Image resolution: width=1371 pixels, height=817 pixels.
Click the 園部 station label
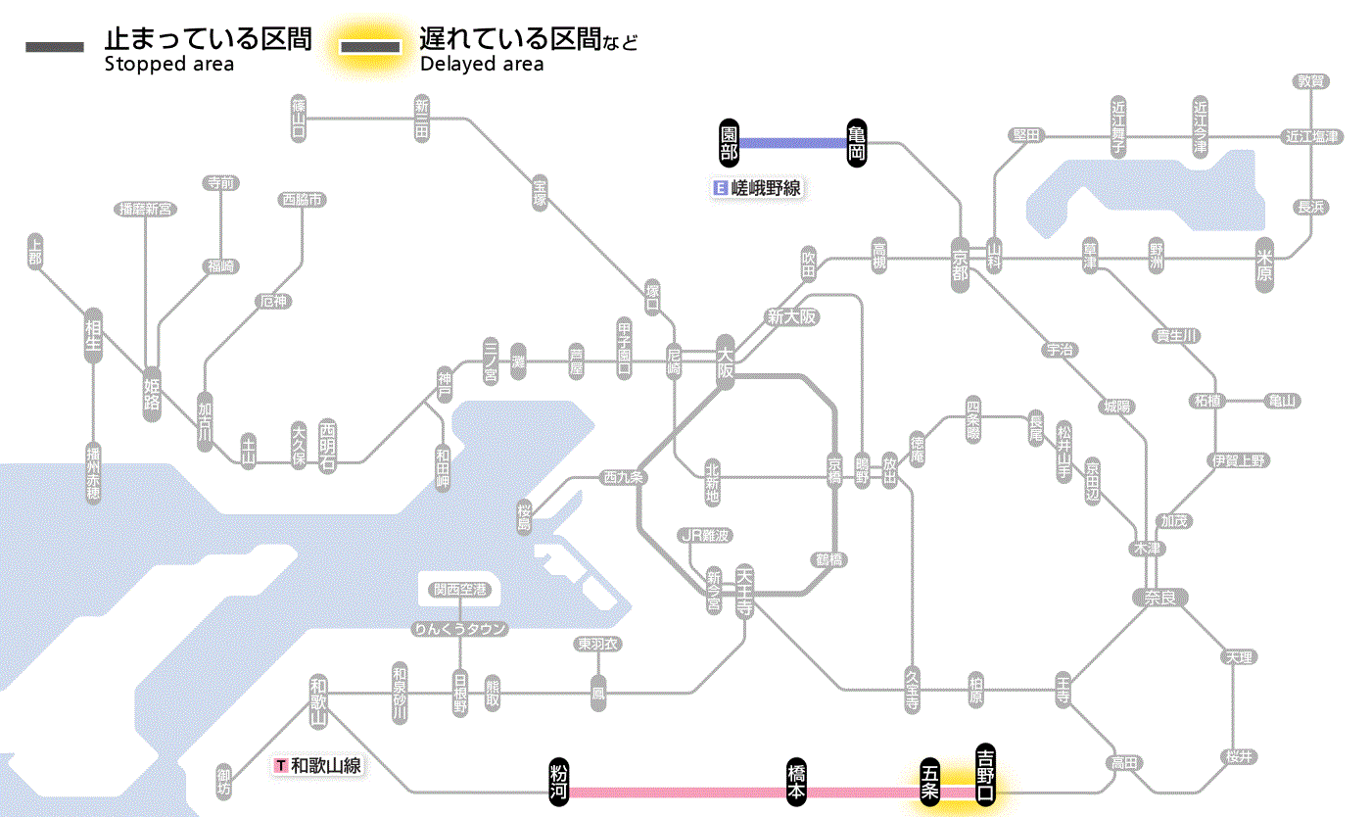(x=729, y=143)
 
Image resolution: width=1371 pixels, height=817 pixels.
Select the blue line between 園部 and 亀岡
(x=793, y=143)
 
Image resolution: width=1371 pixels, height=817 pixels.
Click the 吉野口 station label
(x=985, y=775)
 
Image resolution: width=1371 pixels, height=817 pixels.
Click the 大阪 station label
(x=725, y=363)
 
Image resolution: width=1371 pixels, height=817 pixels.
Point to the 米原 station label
(x=1265, y=265)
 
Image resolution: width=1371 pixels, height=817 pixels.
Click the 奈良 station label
(x=1159, y=597)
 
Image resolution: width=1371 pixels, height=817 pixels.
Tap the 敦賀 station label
(x=1311, y=81)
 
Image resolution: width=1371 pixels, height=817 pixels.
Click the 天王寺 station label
(x=744, y=592)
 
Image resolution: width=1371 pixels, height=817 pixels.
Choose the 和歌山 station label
(x=318, y=700)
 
